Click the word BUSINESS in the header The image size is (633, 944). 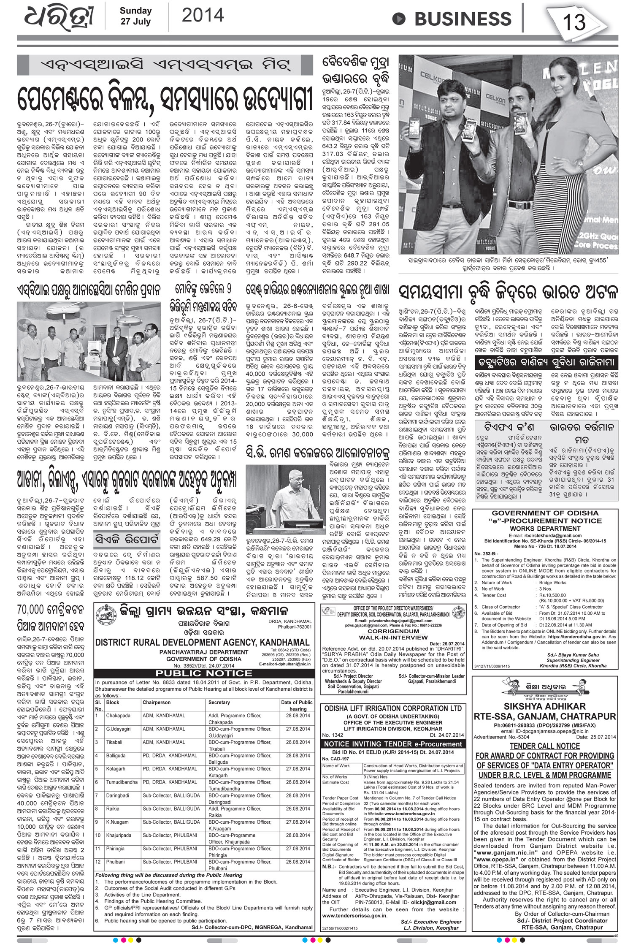click(463, 19)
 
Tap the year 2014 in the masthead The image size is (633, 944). click(203, 16)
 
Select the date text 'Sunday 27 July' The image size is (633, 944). click(135, 16)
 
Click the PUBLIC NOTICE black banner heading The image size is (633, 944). click(204, 673)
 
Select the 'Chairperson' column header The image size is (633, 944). click(157, 703)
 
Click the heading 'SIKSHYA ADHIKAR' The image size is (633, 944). click(544, 706)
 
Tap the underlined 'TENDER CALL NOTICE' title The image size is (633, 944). click(544, 746)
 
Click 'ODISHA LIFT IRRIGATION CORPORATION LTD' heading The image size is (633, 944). click(393, 708)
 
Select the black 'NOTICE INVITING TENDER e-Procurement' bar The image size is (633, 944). click(393, 743)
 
